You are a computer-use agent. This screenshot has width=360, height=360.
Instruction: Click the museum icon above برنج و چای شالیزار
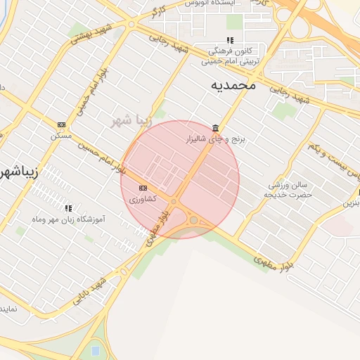coord(214,128)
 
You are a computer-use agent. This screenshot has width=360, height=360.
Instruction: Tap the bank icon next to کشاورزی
coord(143,188)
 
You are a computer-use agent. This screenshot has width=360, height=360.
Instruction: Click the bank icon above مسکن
coord(61,124)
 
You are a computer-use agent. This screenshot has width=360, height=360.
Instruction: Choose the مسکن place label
coord(61,135)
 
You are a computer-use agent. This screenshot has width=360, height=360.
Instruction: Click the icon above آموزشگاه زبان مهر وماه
coord(68,208)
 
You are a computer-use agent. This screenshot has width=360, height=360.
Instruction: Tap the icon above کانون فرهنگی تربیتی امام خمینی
coord(229,40)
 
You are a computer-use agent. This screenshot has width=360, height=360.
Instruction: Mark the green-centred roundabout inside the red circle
coord(193,221)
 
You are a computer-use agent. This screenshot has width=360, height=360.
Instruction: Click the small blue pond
coord(95,349)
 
